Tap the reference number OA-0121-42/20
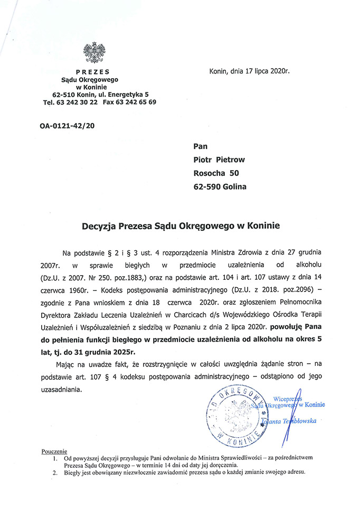point(68,126)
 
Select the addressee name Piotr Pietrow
point(220,159)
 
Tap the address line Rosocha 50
point(216,173)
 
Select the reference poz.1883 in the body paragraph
point(132,275)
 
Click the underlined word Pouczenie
point(52,452)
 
